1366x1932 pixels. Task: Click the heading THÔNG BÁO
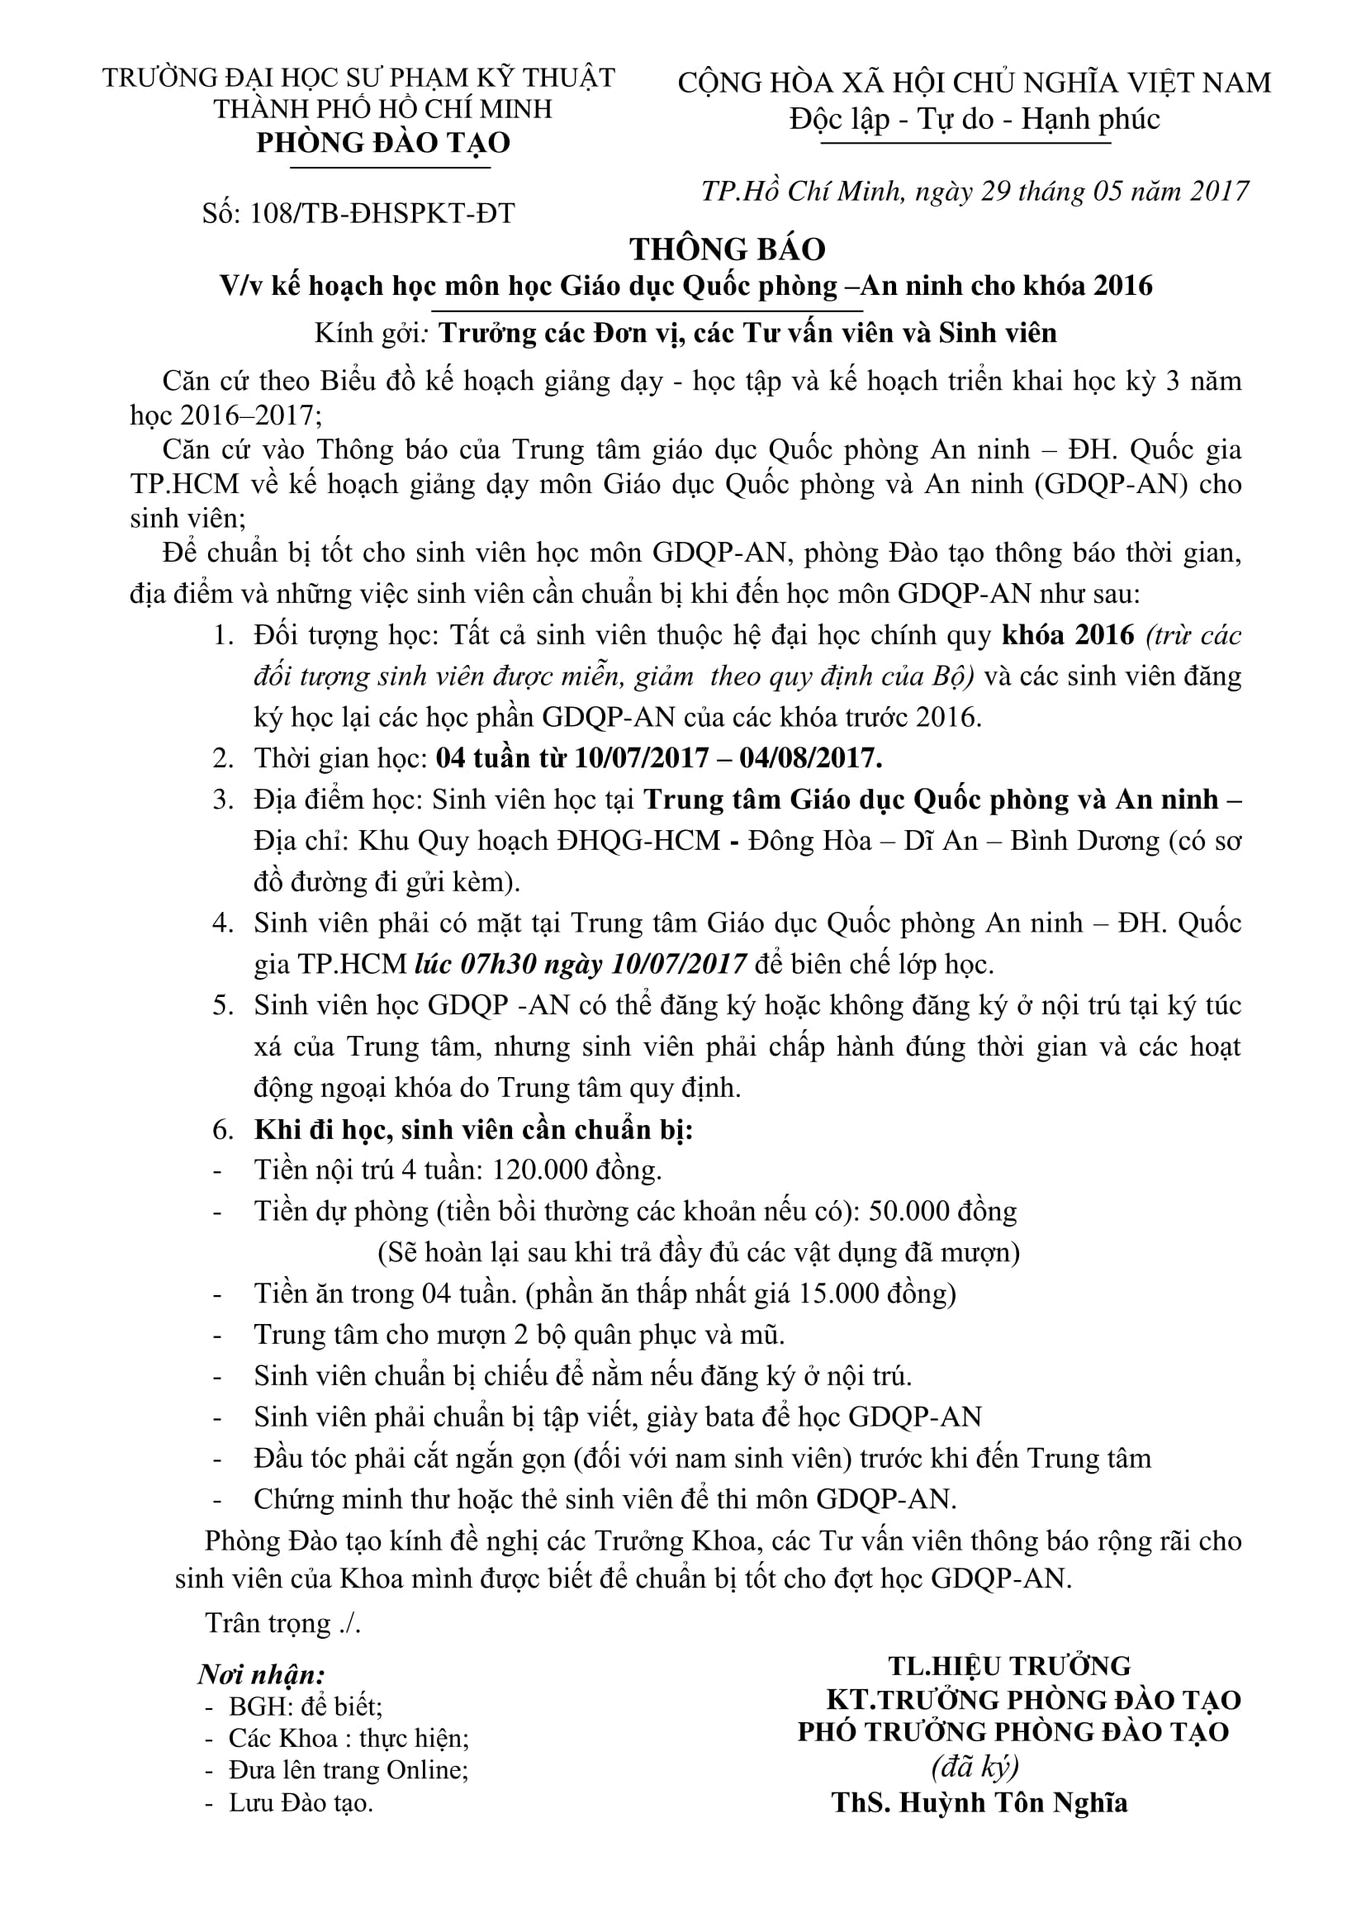(x=728, y=250)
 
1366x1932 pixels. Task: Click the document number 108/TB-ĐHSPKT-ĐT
(x=382, y=214)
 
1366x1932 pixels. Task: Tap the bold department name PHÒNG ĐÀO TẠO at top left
(x=383, y=143)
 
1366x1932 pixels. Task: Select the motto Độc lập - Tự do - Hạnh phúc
(x=974, y=120)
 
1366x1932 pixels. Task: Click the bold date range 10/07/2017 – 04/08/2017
(x=728, y=758)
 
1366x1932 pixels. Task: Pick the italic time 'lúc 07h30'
(x=475, y=964)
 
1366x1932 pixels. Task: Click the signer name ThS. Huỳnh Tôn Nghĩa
(x=979, y=1802)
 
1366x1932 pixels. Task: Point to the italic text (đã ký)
(x=975, y=1766)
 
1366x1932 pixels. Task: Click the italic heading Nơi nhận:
(x=263, y=1674)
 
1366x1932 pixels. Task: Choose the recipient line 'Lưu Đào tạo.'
(x=301, y=1802)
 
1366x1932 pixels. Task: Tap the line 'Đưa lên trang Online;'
(x=349, y=1769)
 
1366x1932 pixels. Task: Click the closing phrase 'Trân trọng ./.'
(x=282, y=1623)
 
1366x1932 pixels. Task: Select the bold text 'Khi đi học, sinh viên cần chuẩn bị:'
(x=473, y=1129)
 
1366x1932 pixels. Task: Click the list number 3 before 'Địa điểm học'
(x=223, y=800)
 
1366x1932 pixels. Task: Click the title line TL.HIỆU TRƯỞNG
(x=1009, y=1666)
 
